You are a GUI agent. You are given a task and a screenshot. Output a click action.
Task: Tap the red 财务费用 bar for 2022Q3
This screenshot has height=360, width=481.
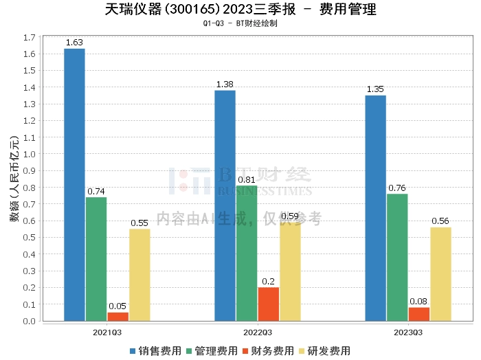tap(268, 304)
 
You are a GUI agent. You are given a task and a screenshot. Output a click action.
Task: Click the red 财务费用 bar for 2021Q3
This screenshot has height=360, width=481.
tap(118, 316)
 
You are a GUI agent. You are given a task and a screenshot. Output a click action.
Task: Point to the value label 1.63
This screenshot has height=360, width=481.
tap(74, 43)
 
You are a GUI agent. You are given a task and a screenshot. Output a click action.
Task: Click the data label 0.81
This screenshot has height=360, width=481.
tap(247, 180)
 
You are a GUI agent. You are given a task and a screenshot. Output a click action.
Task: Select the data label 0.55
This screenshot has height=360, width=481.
tap(139, 223)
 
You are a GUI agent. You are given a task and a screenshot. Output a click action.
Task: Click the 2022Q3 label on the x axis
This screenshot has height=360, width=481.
tap(258, 332)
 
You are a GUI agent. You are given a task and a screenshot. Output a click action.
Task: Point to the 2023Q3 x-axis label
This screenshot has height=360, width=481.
tap(408, 332)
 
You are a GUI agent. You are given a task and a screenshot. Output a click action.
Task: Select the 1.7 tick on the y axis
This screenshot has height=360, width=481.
tap(30, 38)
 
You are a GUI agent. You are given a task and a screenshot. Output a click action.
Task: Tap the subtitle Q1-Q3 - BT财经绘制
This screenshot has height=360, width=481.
tap(240, 23)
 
